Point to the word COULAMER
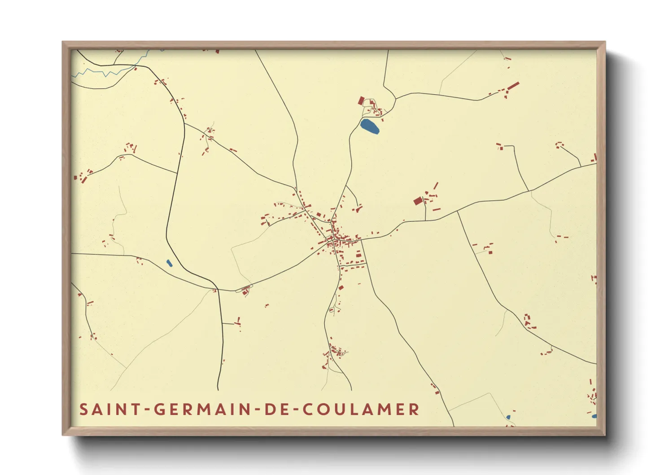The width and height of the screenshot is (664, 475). tap(361, 409)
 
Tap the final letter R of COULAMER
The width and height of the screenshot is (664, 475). tap(415, 409)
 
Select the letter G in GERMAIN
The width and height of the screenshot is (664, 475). tap(160, 409)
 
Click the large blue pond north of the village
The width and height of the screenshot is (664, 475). tap(370, 126)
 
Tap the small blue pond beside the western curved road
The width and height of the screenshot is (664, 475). tap(169, 263)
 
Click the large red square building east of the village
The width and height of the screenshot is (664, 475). tap(418, 201)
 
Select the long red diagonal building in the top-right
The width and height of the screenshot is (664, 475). tap(513, 86)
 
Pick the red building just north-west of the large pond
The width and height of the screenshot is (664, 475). tap(361, 101)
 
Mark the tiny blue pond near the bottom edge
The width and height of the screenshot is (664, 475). tap(508, 417)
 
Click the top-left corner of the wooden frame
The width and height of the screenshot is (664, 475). tap(63, 42)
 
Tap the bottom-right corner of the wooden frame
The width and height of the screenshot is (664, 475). tap(605, 435)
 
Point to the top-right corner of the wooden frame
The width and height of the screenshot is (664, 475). tap(605, 42)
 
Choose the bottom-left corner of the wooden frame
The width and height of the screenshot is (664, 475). tap(63, 435)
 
